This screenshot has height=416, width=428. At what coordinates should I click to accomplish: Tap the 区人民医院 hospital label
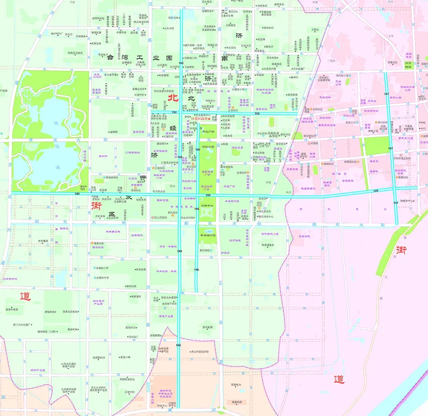[160, 217]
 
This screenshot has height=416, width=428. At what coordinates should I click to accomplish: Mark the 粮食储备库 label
[268, 245]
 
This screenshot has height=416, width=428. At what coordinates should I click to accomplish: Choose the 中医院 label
[313, 143]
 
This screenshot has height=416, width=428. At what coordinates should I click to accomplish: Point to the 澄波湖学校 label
[111, 178]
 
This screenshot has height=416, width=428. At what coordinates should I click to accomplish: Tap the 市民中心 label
[211, 101]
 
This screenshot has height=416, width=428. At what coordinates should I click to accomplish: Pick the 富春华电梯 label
[12, 310]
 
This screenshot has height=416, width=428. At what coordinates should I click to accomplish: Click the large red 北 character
[174, 98]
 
